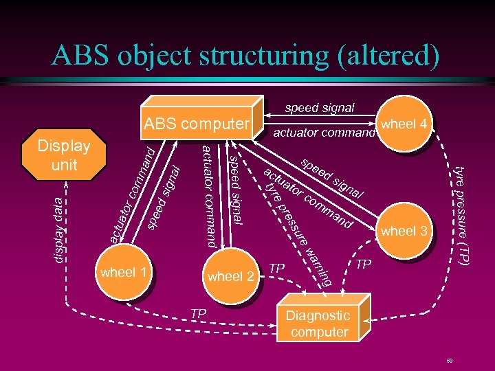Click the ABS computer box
click(196, 124)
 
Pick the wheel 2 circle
click(230, 277)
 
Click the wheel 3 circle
click(404, 232)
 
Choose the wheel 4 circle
click(405, 124)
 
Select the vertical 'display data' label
click(61, 227)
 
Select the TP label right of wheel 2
click(276, 267)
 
